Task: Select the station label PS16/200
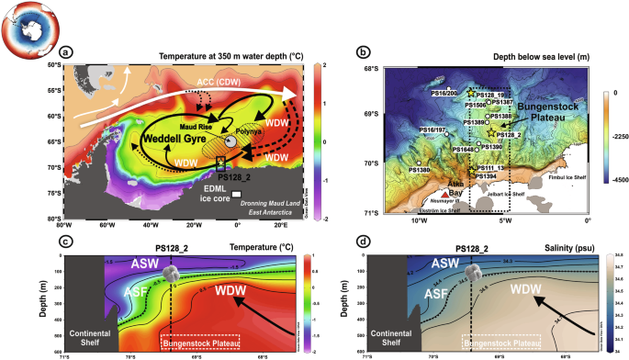pos(445,93)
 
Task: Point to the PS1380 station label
pos(418,170)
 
